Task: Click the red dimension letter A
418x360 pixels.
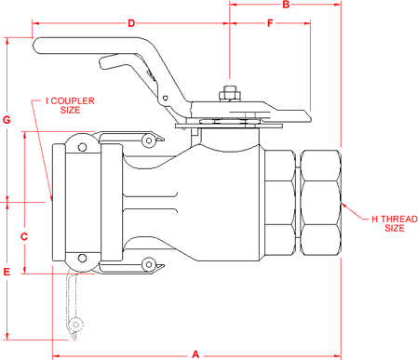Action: (x=196, y=353)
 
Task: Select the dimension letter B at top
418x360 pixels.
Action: (x=286, y=6)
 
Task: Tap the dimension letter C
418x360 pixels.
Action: (x=25, y=236)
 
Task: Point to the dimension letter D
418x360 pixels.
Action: (x=131, y=22)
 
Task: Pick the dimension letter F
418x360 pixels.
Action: (x=270, y=22)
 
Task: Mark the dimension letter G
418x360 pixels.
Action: (x=7, y=119)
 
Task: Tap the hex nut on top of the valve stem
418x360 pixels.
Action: (x=229, y=93)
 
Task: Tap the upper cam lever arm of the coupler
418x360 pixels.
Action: (x=130, y=138)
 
